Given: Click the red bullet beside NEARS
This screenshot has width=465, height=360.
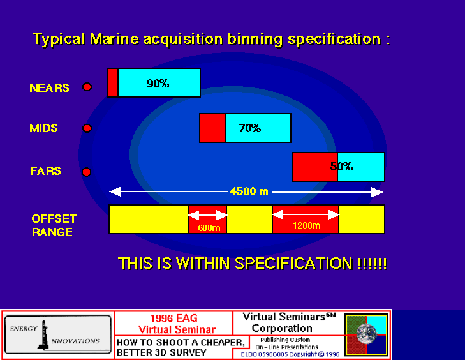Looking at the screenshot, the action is (87, 87).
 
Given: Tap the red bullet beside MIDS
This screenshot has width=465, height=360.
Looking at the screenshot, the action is (87, 128).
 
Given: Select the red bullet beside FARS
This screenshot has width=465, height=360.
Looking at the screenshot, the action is (86, 172).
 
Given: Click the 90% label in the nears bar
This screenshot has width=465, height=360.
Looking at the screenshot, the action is (158, 84).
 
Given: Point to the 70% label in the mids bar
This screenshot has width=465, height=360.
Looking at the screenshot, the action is (250, 128).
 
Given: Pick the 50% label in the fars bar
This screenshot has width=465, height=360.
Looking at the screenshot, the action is (341, 167).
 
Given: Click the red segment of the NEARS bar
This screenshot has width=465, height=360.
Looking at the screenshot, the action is (113, 83).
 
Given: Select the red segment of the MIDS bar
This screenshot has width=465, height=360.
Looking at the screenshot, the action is (212, 128).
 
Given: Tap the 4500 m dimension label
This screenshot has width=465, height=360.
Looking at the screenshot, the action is (249, 191).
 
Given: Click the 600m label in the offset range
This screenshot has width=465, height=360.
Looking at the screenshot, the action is (209, 228).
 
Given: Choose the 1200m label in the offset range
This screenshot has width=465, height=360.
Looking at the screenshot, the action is (307, 225).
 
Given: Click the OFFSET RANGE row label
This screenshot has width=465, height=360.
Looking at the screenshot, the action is (54, 225).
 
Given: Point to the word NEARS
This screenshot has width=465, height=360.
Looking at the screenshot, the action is (49, 88).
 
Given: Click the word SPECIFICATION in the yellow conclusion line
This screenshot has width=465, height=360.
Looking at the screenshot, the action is (294, 263).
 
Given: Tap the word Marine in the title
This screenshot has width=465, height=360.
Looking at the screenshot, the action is (114, 39).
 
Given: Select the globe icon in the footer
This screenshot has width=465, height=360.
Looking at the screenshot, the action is (367, 334).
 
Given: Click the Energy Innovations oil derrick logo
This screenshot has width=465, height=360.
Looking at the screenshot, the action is (43, 334).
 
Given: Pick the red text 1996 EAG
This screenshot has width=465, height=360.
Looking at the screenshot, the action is (173, 318).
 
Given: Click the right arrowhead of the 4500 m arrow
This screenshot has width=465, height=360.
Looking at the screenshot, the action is (377, 192).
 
